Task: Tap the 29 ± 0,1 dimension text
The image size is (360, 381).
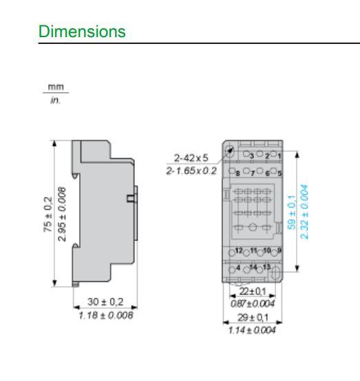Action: pyautogui.click(x=253, y=320)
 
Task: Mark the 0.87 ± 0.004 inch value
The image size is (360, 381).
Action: pyautogui.click(x=253, y=303)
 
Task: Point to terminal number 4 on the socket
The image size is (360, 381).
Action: pyautogui.click(x=239, y=266)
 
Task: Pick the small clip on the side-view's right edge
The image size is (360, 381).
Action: pyautogui.click(x=129, y=200)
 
